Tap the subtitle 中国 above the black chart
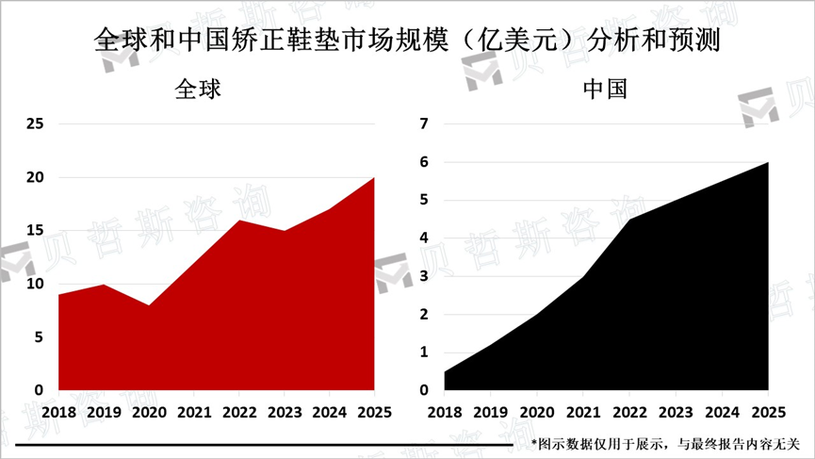pos(606,90)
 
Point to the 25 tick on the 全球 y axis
pos(35,123)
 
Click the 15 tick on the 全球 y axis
pos(35,230)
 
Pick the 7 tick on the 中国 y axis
pos(424,123)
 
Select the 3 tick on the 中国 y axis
pos(424,276)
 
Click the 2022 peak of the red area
pos(239,221)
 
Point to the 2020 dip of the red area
pos(149,305)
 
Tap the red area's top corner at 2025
pos(374,178)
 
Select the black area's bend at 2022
pos(630,219)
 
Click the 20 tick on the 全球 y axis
pos(35,177)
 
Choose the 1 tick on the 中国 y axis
pos(424,352)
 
